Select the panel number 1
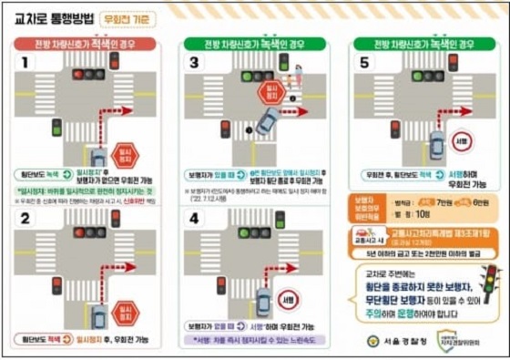25,62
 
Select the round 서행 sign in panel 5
462,141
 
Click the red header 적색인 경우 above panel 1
84,43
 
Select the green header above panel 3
254,43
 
